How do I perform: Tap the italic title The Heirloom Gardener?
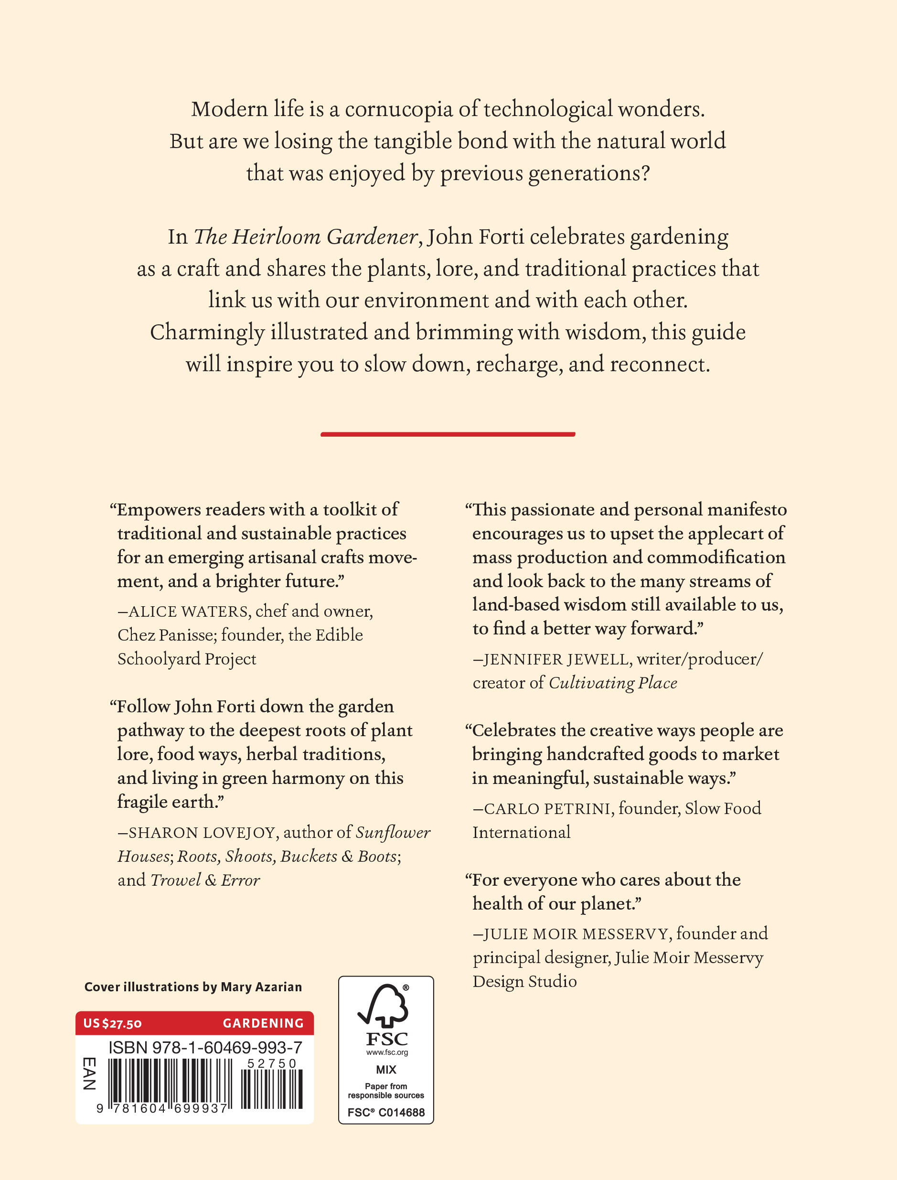pos(305,237)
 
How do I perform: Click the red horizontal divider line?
pos(448,434)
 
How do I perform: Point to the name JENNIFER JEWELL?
pos(557,659)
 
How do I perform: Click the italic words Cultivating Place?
pos(613,683)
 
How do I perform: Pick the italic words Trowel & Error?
pos(205,880)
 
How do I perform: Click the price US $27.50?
pos(112,1023)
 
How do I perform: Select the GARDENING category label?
pos(263,1023)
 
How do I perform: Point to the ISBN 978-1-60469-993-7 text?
pos(205,1048)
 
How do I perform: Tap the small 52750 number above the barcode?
pos(271,1063)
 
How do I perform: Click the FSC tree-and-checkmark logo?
pos(384,1006)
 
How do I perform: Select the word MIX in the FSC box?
pos(385,1070)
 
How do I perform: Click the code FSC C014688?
pos(385,1112)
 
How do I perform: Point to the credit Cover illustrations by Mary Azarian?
pos(193,987)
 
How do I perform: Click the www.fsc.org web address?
pos(386,1052)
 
